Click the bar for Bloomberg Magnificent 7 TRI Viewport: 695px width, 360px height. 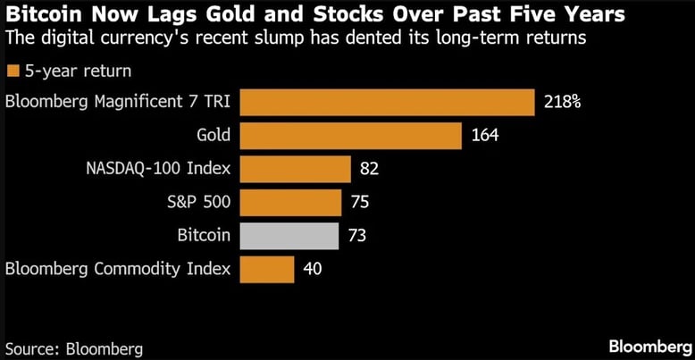tap(387, 102)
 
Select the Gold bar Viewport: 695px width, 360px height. tap(350, 135)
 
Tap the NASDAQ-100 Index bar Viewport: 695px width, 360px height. tap(295, 169)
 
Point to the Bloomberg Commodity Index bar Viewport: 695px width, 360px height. tap(267, 268)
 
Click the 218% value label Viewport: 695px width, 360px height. tap(562, 102)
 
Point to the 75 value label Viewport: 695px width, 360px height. tap(359, 203)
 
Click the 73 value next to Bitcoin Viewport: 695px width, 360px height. tap(358, 236)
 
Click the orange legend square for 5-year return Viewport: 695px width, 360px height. tap(13, 71)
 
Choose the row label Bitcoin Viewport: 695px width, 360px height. tap(204, 236)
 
